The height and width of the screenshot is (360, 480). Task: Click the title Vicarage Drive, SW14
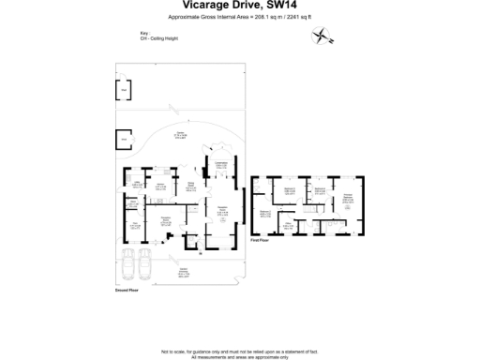tap(240, 7)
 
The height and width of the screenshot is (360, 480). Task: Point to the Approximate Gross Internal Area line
tap(240, 18)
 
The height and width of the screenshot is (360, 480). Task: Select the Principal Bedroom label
tap(349, 196)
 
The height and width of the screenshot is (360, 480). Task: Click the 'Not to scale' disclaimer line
tap(240, 350)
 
